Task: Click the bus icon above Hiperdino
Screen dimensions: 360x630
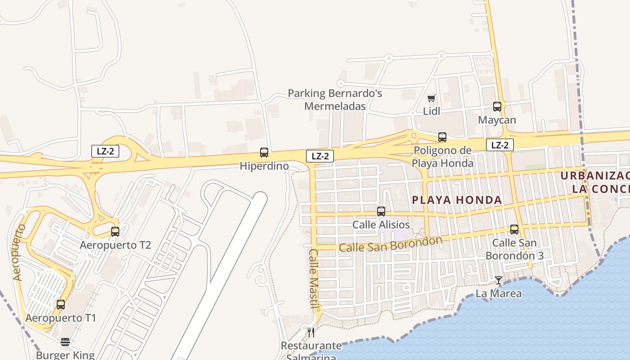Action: click(264, 153)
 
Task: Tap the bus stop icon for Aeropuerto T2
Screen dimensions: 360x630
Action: click(115, 232)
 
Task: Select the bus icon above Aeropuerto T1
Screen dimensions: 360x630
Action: click(61, 305)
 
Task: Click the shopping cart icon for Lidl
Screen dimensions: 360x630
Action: click(432, 98)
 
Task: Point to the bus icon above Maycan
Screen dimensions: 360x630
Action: click(497, 107)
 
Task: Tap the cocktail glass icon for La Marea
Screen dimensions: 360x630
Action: click(499, 280)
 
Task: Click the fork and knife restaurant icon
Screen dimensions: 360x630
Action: click(311, 333)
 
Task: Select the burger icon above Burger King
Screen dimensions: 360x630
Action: click(65, 342)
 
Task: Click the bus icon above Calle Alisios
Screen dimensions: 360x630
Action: click(381, 211)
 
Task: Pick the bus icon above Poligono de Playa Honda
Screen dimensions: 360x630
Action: click(442, 137)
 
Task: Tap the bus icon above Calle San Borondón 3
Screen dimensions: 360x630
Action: click(514, 229)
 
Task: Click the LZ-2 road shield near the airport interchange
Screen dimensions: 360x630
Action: click(105, 151)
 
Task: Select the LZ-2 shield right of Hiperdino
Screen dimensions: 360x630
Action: click(320, 156)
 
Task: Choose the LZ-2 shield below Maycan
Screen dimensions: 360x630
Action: click(500, 145)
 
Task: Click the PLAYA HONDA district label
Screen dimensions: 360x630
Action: click(457, 200)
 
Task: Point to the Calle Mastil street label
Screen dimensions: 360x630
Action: click(314, 279)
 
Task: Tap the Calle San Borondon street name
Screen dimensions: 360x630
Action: click(390, 244)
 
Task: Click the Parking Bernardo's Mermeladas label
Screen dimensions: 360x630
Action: click(335, 100)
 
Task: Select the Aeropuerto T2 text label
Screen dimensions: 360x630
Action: click(115, 245)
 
